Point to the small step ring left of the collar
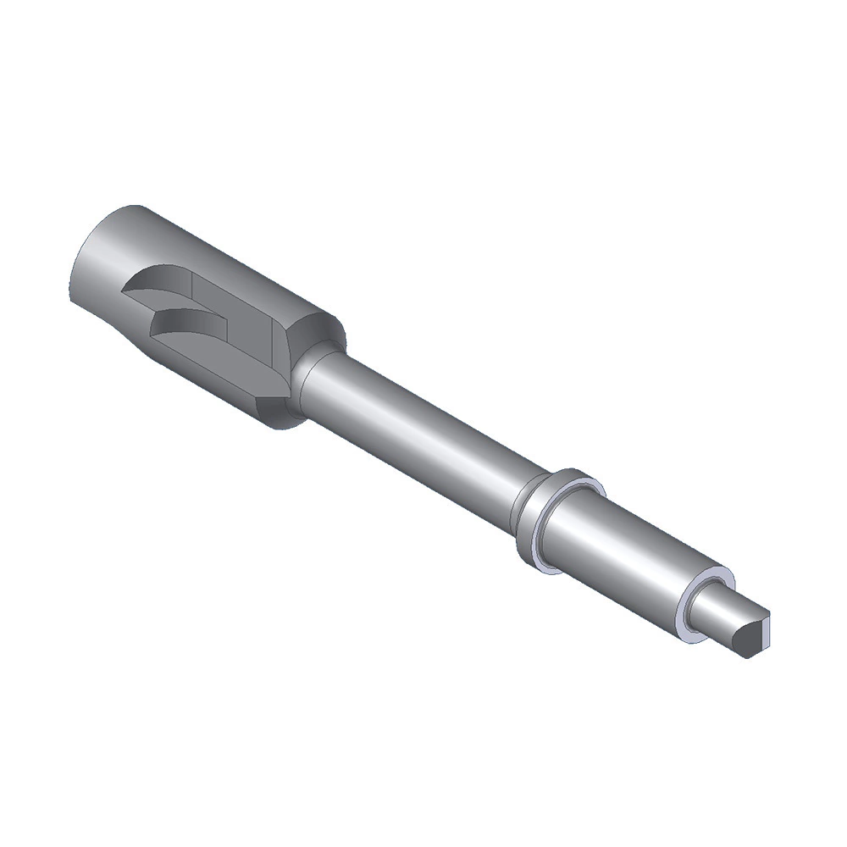coord(518,508)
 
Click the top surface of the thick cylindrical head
coord(212,246)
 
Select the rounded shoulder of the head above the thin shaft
coord(326,330)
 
